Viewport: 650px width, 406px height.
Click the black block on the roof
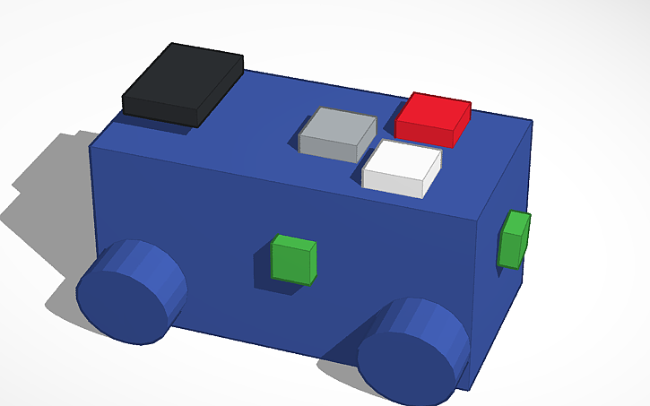click(184, 82)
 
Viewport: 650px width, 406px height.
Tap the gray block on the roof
click(336, 134)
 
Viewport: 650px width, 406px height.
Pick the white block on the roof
click(402, 168)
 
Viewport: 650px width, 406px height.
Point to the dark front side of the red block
click(423, 133)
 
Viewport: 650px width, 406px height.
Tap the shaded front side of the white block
click(393, 183)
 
